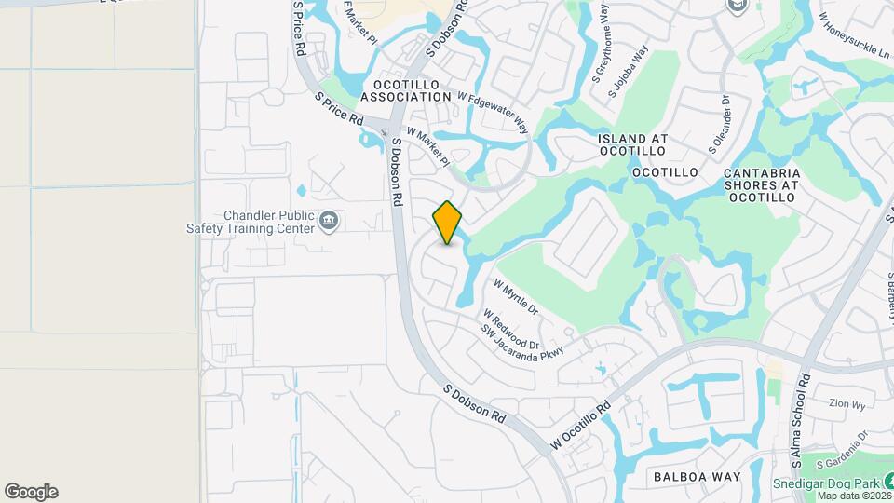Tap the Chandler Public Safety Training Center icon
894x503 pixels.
tap(328, 221)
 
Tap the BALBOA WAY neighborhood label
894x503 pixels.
tap(698, 477)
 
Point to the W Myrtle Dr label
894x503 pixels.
tap(516, 296)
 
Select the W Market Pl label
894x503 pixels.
tap(428, 149)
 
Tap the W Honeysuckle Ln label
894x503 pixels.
tap(853, 34)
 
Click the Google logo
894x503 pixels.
tap(31, 492)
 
